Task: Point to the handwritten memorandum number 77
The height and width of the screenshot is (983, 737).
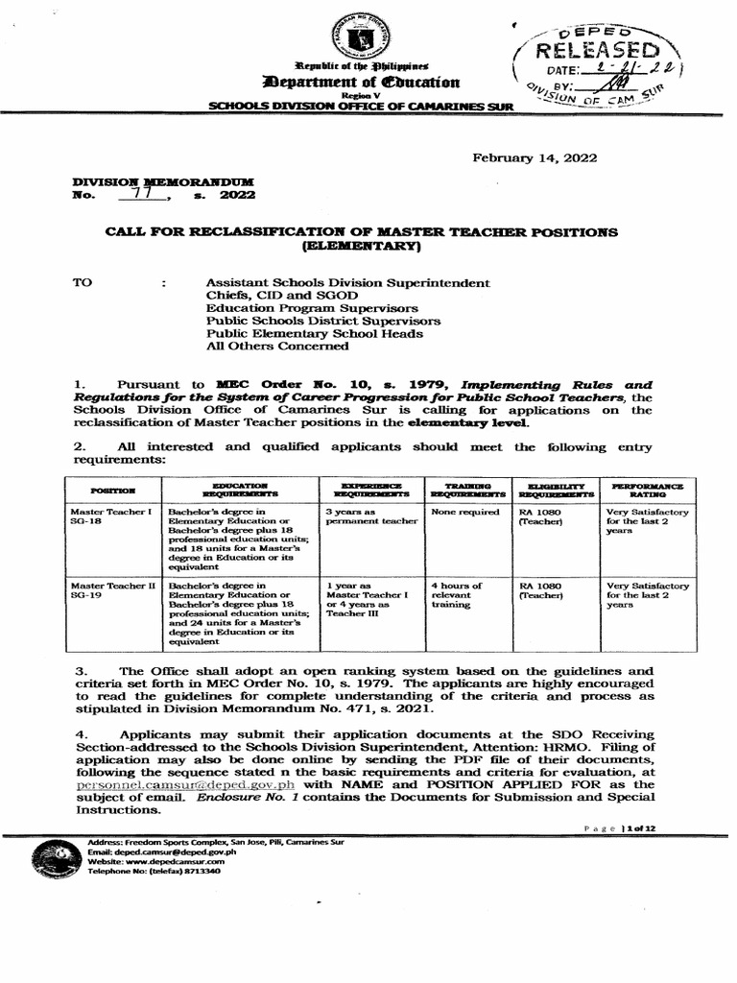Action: click(143, 194)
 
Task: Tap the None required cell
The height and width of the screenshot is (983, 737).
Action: click(465, 513)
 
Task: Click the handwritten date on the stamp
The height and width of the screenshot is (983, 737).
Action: click(634, 69)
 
